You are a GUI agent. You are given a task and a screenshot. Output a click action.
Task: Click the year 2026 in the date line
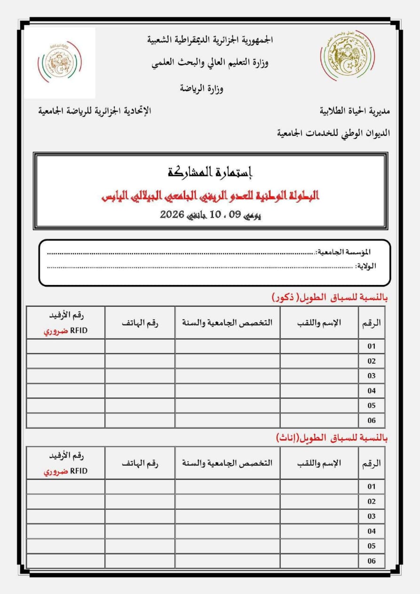(172, 215)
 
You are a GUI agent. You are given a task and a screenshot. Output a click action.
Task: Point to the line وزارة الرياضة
(202, 88)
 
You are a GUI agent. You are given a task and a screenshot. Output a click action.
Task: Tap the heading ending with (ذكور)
(330, 297)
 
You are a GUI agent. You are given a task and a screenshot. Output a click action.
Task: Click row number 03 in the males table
(372, 376)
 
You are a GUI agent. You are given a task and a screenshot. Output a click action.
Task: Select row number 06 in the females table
(372, 561)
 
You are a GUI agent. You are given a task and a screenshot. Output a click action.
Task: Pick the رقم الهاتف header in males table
(140, 323)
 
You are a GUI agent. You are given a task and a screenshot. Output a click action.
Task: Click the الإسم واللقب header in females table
(319, 463)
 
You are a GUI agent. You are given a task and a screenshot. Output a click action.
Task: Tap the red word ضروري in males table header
(53, 331)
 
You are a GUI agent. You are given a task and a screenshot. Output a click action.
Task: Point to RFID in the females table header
(79, 471)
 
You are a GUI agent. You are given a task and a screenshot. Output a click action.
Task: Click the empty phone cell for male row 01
(140, 346)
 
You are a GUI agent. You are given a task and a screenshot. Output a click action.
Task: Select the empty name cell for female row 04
(319, 531)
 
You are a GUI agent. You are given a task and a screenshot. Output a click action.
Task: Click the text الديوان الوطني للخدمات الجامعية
(333, 134)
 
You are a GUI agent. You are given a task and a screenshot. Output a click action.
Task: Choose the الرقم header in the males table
(372, 323)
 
